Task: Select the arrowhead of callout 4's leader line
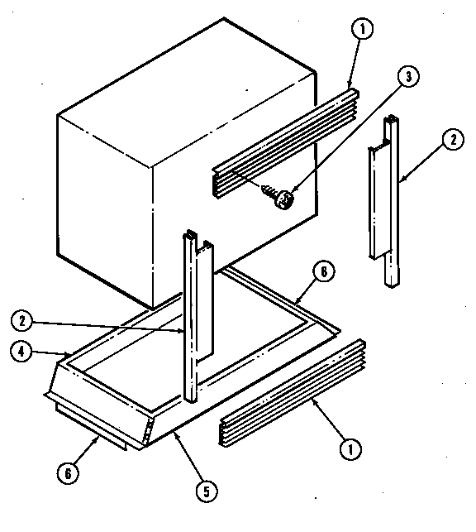click(x=69, y=355)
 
